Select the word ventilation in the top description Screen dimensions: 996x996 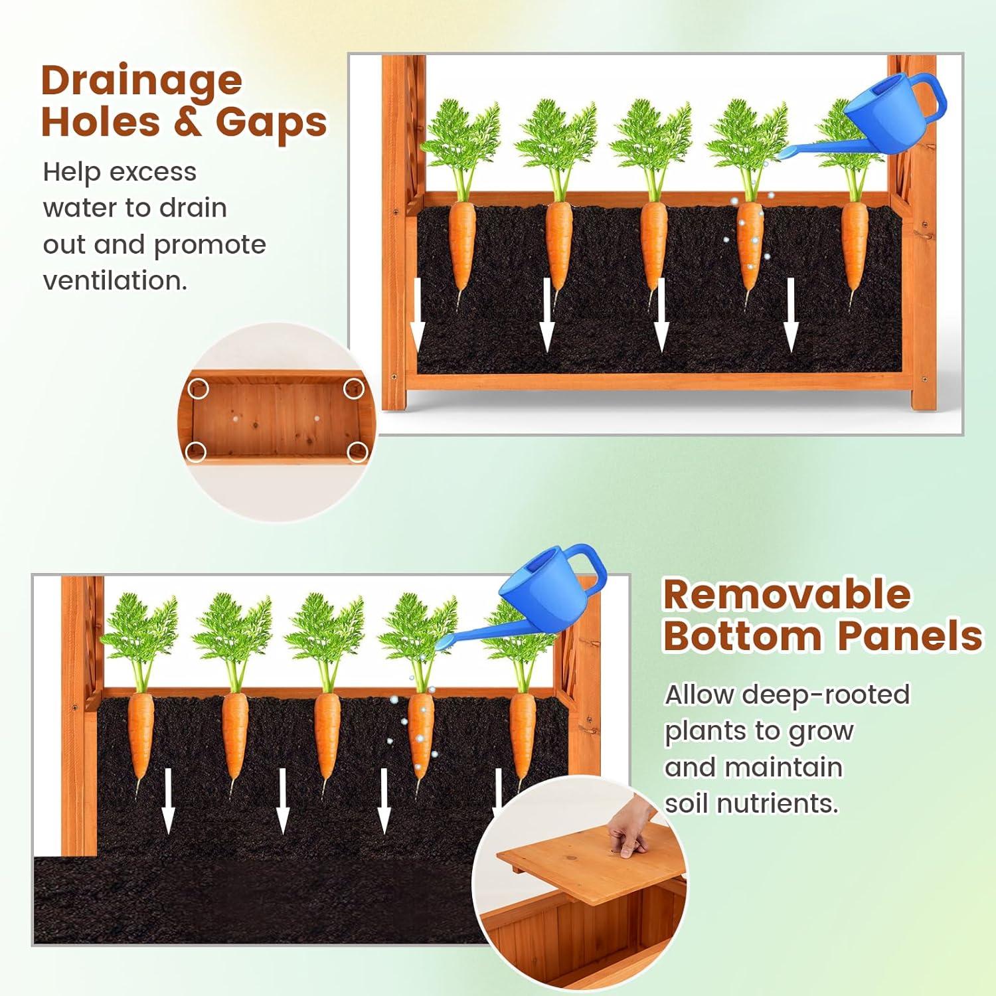[115, 280]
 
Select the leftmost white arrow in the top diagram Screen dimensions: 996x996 [417, 314]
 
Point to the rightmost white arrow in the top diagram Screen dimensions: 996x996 [790, 314]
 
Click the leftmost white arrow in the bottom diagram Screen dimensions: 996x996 [168, 800]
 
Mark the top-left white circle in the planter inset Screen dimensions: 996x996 [199, 388]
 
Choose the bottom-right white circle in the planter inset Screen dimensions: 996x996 [358, 452]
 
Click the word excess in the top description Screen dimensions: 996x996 [153, 172]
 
